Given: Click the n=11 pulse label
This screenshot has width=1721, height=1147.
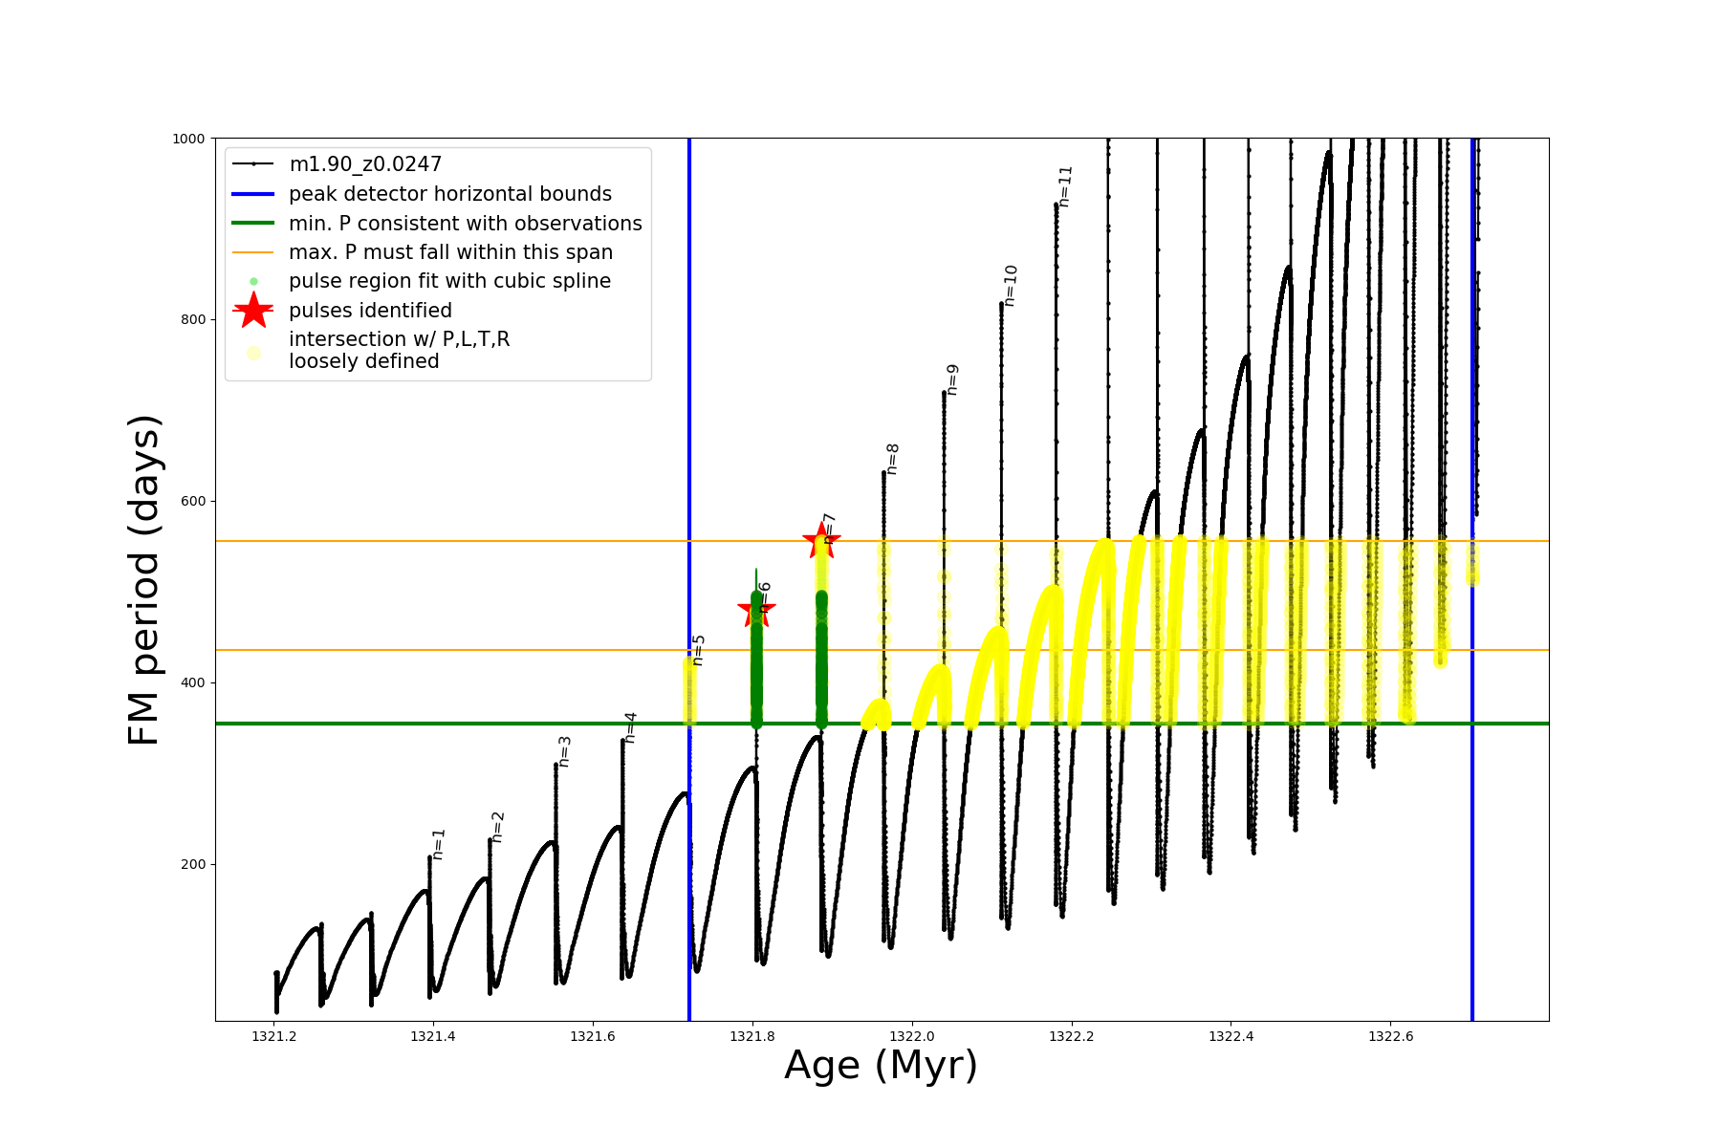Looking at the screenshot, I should [1066, 185].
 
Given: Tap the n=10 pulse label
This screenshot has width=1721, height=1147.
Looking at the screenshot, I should [1012, 285].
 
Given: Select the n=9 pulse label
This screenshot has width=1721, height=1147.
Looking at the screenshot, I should [952, 379].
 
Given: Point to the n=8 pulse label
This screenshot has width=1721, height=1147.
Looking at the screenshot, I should [893, 459].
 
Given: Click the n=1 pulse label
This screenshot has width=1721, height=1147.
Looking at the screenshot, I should [439, 844].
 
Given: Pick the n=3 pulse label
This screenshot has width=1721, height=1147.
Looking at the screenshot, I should [565, 751].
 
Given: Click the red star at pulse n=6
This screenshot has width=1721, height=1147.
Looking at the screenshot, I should [756, 609].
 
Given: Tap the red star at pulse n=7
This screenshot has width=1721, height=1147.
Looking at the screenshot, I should [820, 541].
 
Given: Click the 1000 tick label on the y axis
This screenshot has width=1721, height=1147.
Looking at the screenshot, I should [188, 139].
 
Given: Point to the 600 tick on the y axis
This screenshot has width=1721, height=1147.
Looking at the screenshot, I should [192, 501].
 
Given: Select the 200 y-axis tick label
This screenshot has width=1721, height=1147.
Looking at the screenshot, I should [192, 864].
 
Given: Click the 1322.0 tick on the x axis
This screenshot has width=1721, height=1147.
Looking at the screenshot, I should [912, 1036].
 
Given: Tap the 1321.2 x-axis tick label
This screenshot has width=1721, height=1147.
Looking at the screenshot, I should [274, 1036].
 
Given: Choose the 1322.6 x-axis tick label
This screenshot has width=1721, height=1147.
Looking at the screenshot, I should [1391, 1036].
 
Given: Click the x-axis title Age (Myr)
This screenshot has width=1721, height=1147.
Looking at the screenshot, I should [881, 1066].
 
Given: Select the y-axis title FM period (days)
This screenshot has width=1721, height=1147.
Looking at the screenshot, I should [143, 580].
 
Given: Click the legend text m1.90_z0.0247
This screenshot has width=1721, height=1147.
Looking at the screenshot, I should [365, 164].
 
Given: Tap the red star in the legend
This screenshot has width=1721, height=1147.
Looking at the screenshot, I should [253, 311].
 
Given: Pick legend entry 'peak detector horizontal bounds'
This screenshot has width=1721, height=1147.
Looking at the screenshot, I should [449, 194].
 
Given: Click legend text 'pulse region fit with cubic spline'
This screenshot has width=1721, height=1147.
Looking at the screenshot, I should [449, 281].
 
